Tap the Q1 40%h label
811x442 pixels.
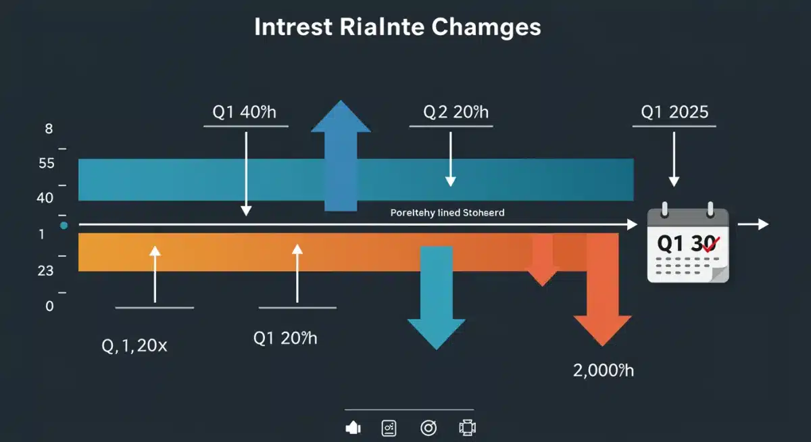245,112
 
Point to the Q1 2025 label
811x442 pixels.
673,112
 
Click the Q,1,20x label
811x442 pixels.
134,347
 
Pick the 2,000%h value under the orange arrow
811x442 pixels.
603,370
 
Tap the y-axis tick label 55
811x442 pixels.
47,164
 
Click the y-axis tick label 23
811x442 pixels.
45,270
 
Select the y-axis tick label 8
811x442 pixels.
49,128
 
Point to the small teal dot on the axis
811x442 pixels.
64,225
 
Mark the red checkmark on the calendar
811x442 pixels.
710,245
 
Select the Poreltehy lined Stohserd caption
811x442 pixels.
447,212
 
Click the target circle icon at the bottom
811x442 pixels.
428,428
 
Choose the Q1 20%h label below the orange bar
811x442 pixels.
285,338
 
